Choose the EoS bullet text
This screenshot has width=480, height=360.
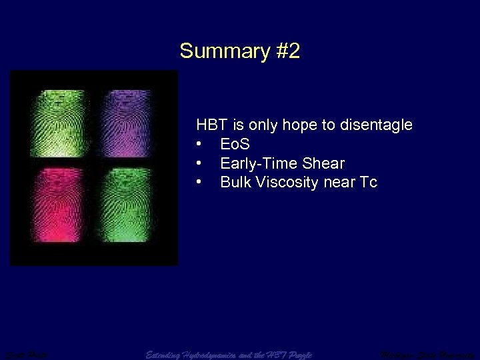235,144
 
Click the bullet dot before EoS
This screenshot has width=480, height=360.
199,144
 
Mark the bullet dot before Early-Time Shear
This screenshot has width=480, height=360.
199,163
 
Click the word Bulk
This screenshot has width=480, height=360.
234,182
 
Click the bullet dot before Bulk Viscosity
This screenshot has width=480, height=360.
199,182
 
